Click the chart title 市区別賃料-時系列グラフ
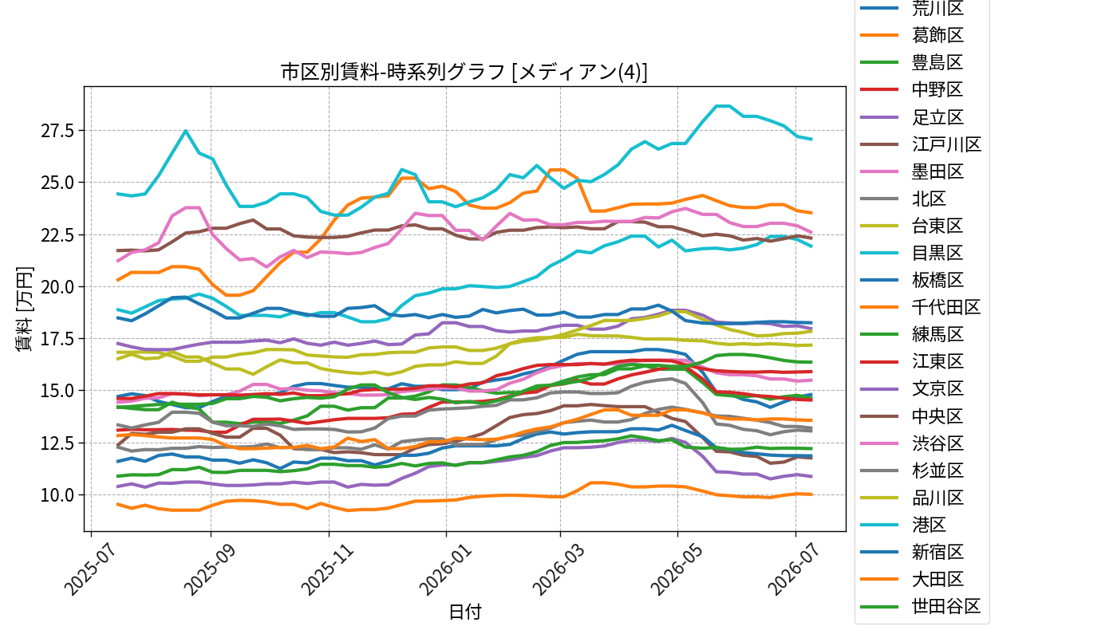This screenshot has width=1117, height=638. (x=393, y=73)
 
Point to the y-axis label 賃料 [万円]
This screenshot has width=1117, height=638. (x=24, y=309)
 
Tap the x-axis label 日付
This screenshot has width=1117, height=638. (x=464, y=612)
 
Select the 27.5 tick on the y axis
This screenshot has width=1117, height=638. (x=57, y=131)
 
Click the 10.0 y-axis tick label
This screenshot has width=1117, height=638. (x=57, y=495)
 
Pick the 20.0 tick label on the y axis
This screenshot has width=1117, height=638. (x=57, y=286)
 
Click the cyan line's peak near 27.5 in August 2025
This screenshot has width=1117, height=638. (x=185, y=131)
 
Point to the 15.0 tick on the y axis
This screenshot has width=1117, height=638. (x=57, y=391)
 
